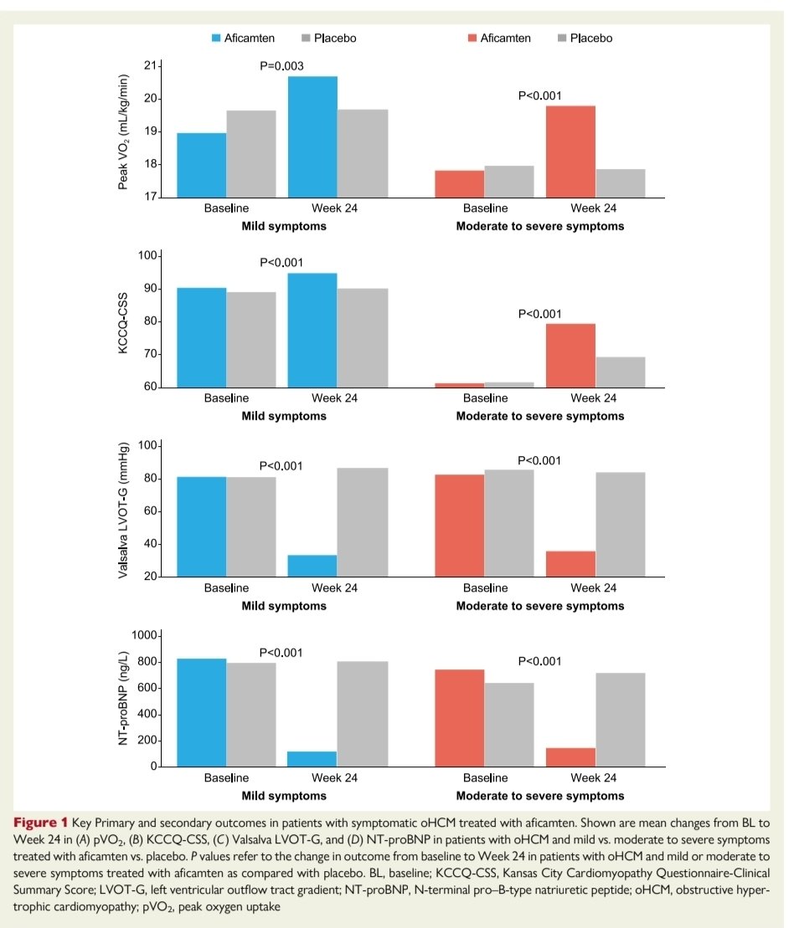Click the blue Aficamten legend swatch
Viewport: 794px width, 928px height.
click(x=215, y=38)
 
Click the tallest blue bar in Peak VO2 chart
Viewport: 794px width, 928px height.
click(x=312, y=136)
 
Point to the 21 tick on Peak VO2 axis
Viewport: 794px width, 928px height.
click(x=150, y=66)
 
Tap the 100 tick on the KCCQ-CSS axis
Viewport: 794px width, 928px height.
click(x=147, y=255)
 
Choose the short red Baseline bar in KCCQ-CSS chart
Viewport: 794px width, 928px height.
click(x=459, y=385)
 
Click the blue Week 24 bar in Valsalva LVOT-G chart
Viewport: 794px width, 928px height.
click(x=312, y=566)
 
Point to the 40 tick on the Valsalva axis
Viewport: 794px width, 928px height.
click(x=150, y=544)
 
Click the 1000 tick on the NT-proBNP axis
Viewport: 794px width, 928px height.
click(x=144, y=636)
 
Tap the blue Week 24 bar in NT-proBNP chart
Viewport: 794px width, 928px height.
click(x=312, y=758)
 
